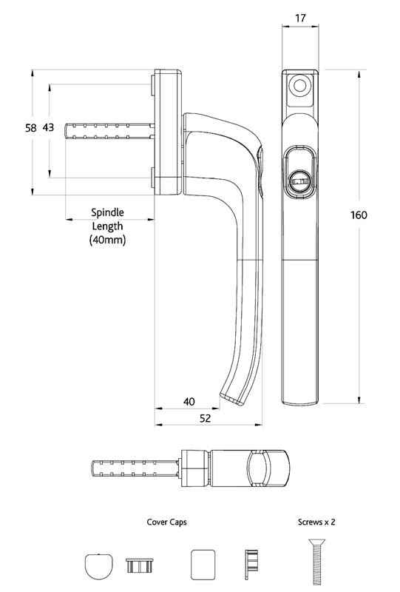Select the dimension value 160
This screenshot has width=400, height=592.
(x=359, y=215)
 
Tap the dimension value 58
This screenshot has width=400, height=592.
(x=30, y=128)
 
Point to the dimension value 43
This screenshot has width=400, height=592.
(x=47, y=128)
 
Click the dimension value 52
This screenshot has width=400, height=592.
(x=206, y=418)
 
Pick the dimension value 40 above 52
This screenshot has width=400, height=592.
(x=189, y=402)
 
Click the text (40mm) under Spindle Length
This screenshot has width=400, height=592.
(x=107, y=240)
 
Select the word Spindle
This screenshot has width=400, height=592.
(x=107, y=211)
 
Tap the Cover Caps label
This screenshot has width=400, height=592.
(x=166, y=522)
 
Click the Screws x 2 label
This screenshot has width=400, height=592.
(x=316, y=522)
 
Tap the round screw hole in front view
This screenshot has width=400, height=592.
(x=300, y=87)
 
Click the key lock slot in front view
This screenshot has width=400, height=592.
(x=301, y=181)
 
